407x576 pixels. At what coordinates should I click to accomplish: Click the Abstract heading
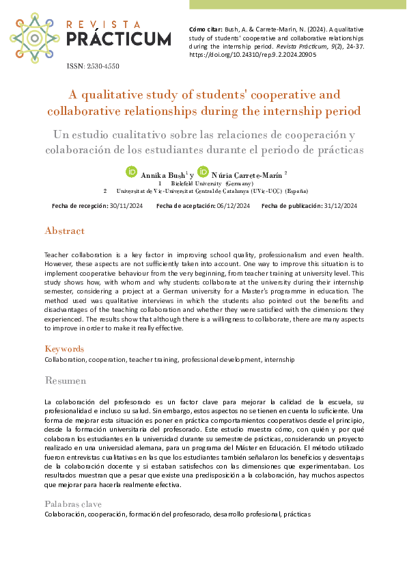pos(64,231)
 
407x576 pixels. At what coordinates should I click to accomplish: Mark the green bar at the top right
pos(297,4)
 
